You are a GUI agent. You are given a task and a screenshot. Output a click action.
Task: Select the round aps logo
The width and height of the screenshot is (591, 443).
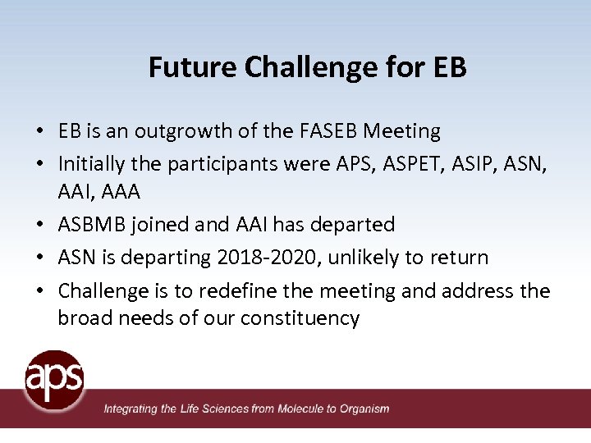(x=54, y=380)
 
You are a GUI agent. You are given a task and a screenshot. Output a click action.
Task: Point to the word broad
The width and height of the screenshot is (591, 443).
(x=83, y=318)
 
